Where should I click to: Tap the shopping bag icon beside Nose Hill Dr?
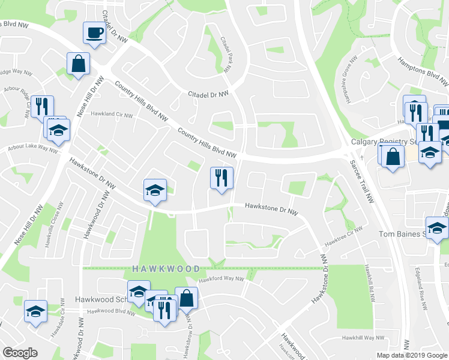[x=79, y=64]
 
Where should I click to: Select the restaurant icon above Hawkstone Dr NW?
[x=221, y=178]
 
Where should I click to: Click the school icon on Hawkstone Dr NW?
[x=155, y=191]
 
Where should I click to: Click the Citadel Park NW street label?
[x=226, y=55]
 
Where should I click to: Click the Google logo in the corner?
[x=20, y=353]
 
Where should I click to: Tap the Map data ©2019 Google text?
[x=412, y=355]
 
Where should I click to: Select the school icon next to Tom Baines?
[x=437, y=228]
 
